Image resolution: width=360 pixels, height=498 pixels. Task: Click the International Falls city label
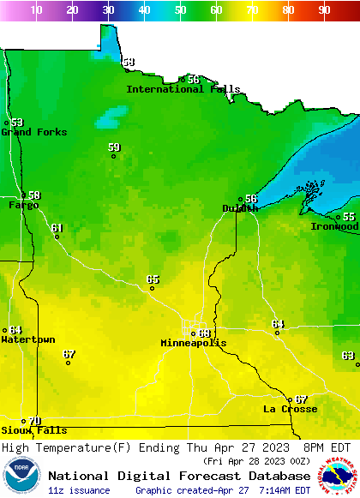coord(183,89)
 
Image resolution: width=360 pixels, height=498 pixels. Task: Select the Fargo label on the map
coord(23,206)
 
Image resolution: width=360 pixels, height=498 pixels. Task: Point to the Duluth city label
coord(239,208)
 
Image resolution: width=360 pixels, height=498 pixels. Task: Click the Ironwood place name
coord(334,226)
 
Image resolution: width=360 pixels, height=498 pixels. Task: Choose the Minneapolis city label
coord(194,343)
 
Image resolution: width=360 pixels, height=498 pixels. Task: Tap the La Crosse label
coord(290,409)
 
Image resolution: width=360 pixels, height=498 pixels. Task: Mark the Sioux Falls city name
coord(33,430)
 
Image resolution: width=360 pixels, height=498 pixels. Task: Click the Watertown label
coord(27,340)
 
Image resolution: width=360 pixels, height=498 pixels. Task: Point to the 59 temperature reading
coord(114,147)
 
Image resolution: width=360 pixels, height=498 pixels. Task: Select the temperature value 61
coord(57,228)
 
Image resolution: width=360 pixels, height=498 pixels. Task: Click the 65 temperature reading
coord(153,279)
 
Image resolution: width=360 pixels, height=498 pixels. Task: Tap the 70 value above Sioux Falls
coord(34,421)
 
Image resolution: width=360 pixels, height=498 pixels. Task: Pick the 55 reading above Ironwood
coord(349,217)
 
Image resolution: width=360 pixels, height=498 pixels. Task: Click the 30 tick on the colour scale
coord(108,10)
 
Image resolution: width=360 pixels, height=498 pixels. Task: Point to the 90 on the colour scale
coord(324,10)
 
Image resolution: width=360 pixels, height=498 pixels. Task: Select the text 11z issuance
coord(79,490)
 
